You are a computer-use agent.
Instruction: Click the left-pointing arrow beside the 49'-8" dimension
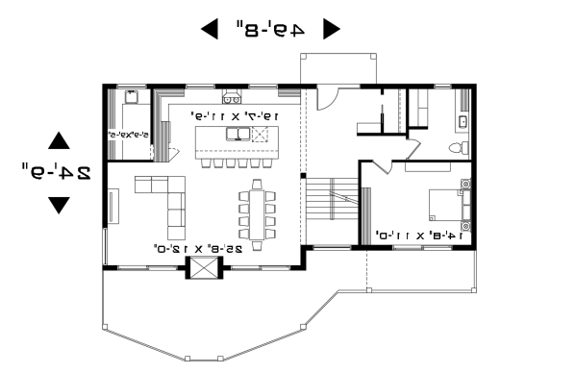click(x=209, y=29)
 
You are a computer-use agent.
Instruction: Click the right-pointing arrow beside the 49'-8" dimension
click(x=331, y=29)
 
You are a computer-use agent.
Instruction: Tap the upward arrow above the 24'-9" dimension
click(x=59, y=141)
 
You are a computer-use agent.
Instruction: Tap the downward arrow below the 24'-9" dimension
click(x=59, y=204)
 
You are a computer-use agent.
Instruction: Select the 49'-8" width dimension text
click(x=269, y=29)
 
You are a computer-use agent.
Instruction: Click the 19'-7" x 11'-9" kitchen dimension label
click(x=237, y=116)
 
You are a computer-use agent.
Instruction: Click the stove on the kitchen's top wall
click(x=231, y=97)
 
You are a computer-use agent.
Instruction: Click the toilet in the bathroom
click(x=462, y=147)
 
